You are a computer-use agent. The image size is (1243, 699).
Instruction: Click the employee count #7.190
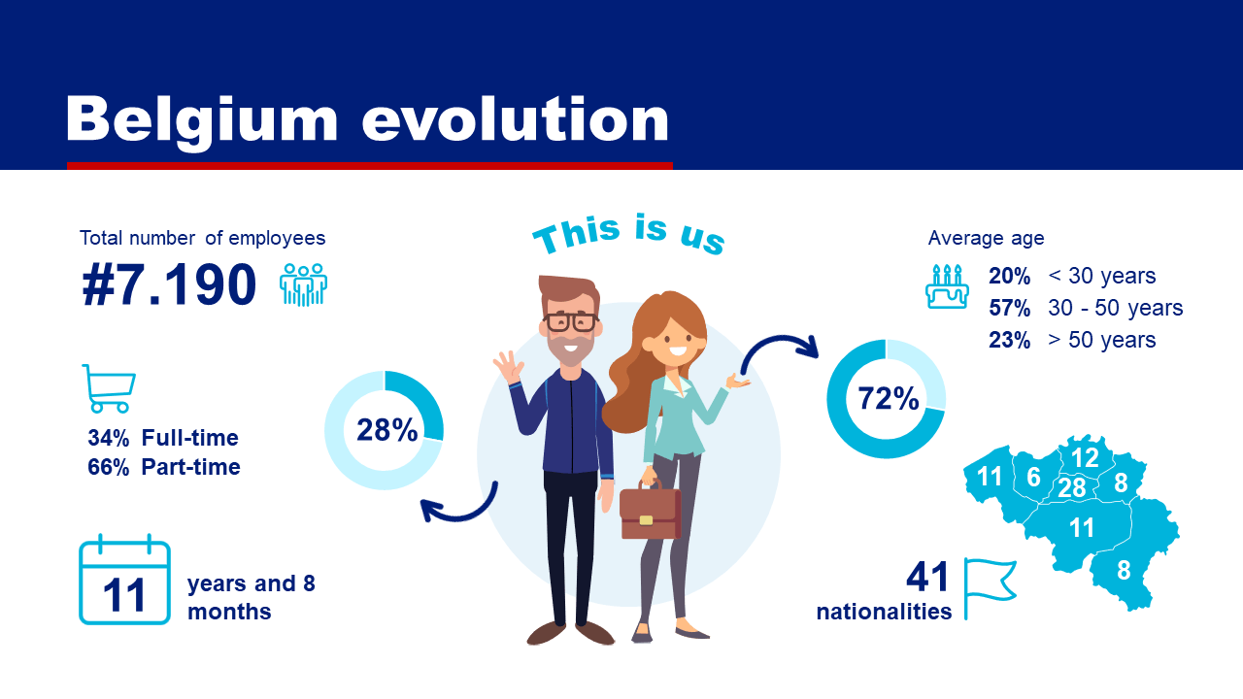pos(169,285)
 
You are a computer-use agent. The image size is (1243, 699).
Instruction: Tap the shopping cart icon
pos(110,388)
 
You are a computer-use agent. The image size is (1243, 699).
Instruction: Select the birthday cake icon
pos(947,286)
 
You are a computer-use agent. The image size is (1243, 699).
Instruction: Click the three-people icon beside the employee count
pos(303,284)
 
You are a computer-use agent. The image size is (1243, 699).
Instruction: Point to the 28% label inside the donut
pos(386,430)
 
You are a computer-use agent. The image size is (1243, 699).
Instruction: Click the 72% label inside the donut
pos(888,398)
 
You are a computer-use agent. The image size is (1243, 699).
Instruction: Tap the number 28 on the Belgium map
pos(1071,488)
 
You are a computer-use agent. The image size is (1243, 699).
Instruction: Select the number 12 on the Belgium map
pos(1085,458)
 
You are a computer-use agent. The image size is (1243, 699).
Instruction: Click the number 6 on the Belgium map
pos(1033,477)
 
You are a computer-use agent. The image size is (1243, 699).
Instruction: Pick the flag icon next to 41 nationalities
pos(990,588)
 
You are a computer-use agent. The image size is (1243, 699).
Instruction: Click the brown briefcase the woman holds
pos(650,511)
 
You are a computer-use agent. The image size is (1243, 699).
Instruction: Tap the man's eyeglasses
pos(571,321)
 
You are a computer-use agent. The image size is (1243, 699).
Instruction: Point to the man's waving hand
pos(509,367)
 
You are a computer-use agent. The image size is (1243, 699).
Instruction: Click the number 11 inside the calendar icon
pos(124,596)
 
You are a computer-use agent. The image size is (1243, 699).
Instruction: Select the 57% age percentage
pos(1009,308)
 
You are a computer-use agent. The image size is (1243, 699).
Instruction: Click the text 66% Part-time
pos(164,467)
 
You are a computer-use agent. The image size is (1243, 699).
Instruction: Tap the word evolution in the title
pos(515,120)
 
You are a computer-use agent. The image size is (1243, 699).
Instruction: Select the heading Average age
pos(986,239)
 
